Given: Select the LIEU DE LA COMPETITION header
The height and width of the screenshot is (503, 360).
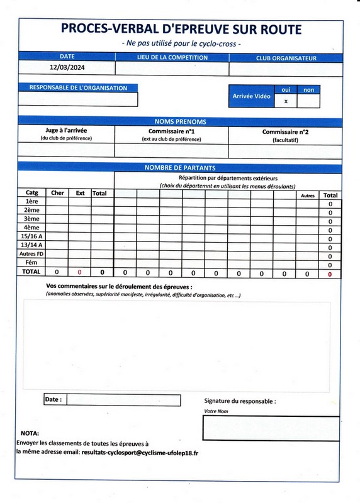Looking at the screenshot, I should [172, 58].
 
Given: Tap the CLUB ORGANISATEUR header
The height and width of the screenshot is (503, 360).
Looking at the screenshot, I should [286, 58].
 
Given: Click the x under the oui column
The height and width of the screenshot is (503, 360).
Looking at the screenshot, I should [286, 101].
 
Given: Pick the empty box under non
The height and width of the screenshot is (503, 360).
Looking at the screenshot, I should [308, 101].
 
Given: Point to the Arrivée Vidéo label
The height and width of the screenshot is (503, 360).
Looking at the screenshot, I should [252, 96].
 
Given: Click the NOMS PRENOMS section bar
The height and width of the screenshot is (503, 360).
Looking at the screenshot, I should [180, 121].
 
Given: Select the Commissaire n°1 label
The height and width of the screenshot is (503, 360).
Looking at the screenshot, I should [171, 132].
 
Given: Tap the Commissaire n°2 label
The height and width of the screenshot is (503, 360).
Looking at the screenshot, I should [285, 132].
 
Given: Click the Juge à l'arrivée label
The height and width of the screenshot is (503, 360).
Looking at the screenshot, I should [66, 131].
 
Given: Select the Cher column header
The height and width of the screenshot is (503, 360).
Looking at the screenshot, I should [57, 193].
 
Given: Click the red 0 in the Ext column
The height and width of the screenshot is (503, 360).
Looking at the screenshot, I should [80, 272].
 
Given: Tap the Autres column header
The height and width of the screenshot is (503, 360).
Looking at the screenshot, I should [308, 196].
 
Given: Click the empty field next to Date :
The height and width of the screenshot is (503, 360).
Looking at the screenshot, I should [123, 400].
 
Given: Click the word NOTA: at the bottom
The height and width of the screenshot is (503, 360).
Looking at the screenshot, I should [30, 433].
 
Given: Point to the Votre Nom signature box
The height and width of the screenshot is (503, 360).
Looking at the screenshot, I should [271, 428].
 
